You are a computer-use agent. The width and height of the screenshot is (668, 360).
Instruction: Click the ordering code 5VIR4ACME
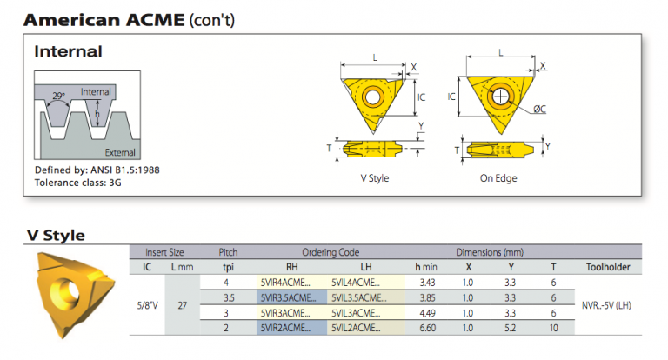286,282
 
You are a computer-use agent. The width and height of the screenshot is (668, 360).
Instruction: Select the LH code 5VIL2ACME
357,327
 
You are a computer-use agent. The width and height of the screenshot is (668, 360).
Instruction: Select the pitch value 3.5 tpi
229,297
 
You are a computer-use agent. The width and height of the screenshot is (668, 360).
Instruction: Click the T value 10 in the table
553,327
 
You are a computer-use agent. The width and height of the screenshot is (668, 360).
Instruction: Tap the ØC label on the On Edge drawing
539,109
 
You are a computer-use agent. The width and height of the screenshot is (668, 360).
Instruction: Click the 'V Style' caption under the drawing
374,178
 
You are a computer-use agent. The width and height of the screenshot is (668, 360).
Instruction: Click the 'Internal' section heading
68,52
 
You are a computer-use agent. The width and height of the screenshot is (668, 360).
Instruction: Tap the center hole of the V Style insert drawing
375,96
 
